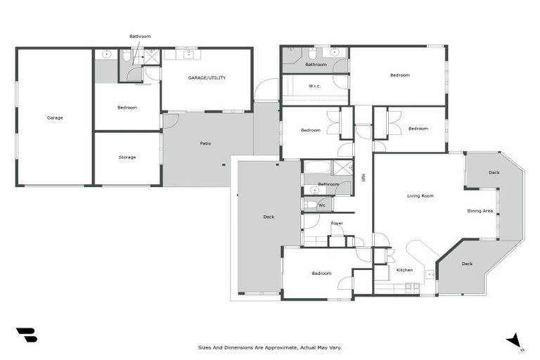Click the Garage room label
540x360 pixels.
click(55, 117)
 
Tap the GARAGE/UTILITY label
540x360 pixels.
click(207, 77)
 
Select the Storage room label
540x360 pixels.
click(127, 157)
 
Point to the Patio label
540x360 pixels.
click(205, 143)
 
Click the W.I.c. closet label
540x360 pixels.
click(315, 86)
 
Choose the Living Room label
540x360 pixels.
click(420, 195)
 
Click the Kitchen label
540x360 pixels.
click(404, 270)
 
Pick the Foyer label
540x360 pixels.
click(337, 223)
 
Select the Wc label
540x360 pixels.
click(322, 205)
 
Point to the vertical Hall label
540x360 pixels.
click(364, 178)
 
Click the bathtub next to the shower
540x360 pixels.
click(316, 168)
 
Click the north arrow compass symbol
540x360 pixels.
click(515, 341)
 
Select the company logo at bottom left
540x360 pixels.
click(26, 335)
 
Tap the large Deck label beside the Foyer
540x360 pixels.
click(269, 217)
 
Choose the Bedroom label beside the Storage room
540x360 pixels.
click(127, 107)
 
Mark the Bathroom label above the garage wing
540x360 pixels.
click(140, 36)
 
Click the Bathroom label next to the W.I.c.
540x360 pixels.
click(316, 65)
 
